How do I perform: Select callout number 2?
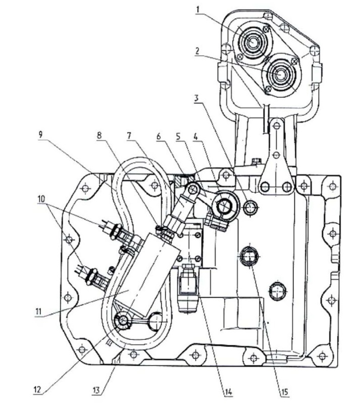coord(198,51)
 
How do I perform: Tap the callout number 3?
coord(197,98)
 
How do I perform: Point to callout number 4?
coord(197,137)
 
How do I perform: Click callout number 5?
coord(178,137)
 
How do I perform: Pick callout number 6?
coord(159,137)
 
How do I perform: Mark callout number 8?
coord(99,136)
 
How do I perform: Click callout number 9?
coord(40,135)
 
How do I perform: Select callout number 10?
coord(40,199)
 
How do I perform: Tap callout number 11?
coord(38,311)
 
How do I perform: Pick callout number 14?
coord(227,392)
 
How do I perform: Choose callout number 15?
coord(284,392)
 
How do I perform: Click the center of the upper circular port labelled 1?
coord(252,42)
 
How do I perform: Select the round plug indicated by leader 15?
coord(250,257)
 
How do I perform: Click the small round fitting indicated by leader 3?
coord(251,208)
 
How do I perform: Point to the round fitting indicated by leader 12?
coord(122,321)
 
